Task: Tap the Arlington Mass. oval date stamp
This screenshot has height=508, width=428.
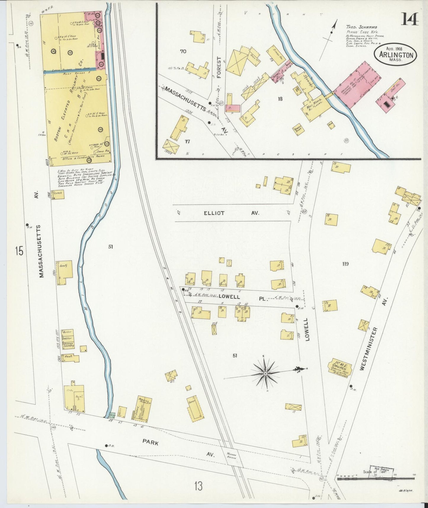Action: (395, 55)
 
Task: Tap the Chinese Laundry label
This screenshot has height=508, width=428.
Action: (68, 345)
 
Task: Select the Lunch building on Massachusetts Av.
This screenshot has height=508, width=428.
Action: (58, 194)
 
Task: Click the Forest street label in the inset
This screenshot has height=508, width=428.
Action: (219, 68)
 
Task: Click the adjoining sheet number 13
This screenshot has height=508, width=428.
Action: (198, 486)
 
